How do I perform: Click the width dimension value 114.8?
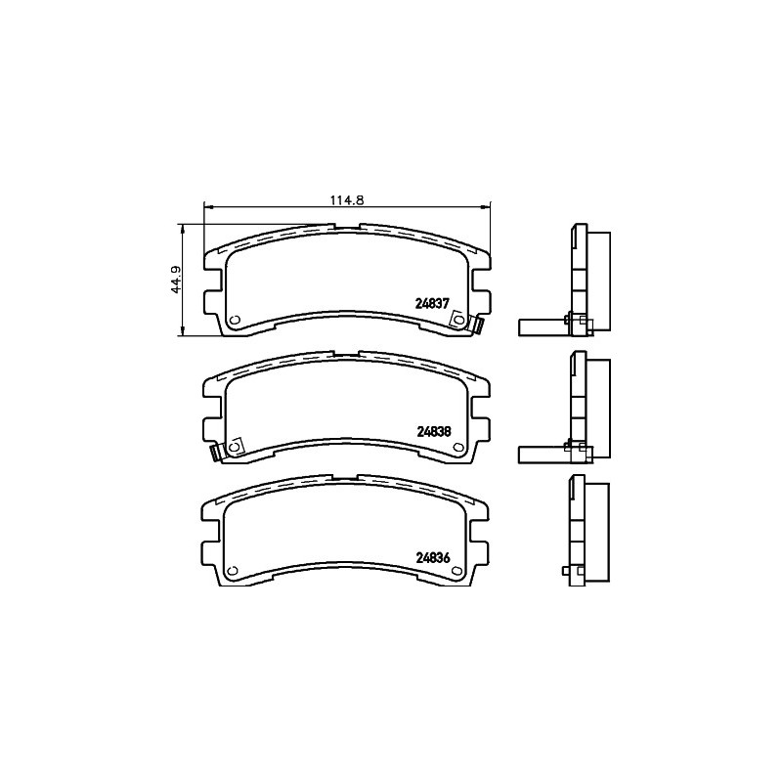[x=347, y=200]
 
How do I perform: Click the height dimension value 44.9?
[x=177, y=280]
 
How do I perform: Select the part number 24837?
[x=432, y=303]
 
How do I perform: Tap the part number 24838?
[x=433, y=431]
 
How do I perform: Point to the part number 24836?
[x=433, y=558]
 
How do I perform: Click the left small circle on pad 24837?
[x=236, y=320]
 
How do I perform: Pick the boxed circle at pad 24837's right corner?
[x=458, y=320]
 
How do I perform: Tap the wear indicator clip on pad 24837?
[x=477, y=326]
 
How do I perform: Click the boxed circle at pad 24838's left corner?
[x=234, y=446]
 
